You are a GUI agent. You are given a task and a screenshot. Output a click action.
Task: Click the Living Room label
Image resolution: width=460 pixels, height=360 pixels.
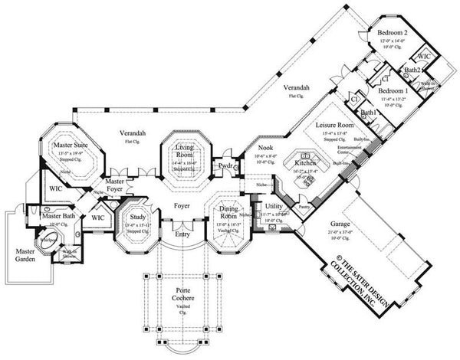coord(183,150)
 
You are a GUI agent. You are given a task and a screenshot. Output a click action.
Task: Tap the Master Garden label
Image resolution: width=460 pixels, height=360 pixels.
coord(28,254)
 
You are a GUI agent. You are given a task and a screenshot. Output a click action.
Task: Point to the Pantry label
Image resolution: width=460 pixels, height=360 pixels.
coord(303,206)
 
